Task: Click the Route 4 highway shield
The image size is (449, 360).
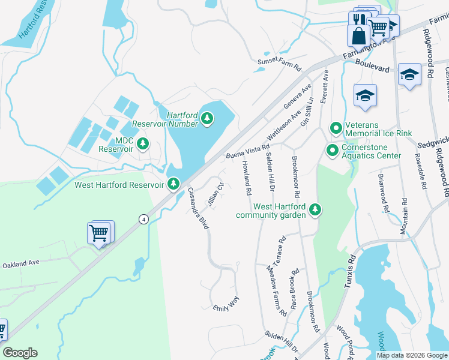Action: click(x=143, y=219)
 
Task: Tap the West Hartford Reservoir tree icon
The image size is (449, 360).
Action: click(x=173, y=184)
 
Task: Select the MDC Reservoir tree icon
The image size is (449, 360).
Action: click(x=142, y=143)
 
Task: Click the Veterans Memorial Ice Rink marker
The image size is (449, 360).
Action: click(x=336, y=128)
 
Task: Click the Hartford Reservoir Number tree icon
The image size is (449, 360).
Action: click(x=207, y=118)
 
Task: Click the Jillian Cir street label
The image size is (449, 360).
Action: click(x=215, y=193)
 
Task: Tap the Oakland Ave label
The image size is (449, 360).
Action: click(x=20, y=264)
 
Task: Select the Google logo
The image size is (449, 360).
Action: click(x=20, y=353)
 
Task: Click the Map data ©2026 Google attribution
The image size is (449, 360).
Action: click(x=411, y=355)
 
